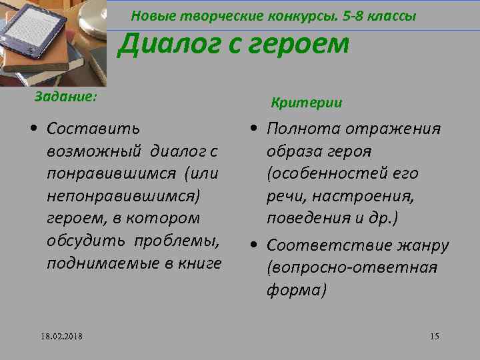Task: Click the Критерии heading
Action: [307, 103]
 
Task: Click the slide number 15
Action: [435, 335]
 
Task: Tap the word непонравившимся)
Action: [123, 196]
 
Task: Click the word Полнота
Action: [304, 128]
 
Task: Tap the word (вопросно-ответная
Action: [351, 268]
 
